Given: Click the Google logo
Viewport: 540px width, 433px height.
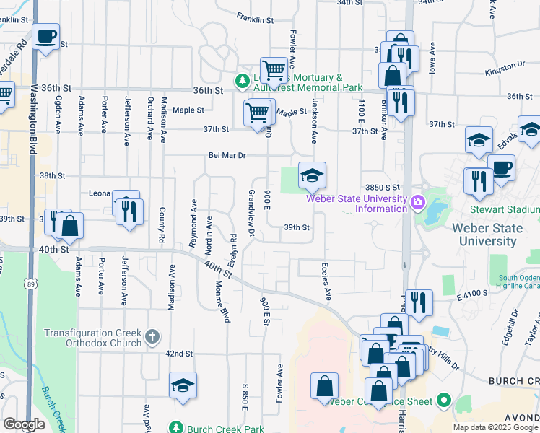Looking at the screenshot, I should (25, 424).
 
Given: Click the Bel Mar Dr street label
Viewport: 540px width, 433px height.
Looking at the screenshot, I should (227, 155).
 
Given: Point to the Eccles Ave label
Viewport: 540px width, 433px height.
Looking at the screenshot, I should (326, 281).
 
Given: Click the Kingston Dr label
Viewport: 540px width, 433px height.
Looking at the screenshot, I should (504, 65).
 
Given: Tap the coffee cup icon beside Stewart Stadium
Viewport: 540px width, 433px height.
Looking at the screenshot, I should (501, 167).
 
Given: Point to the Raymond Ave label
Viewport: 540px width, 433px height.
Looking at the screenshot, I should (193, 224).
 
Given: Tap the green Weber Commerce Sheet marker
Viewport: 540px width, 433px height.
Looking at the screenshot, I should (443, 401).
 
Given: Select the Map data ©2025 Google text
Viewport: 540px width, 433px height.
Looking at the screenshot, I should (495, 427).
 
